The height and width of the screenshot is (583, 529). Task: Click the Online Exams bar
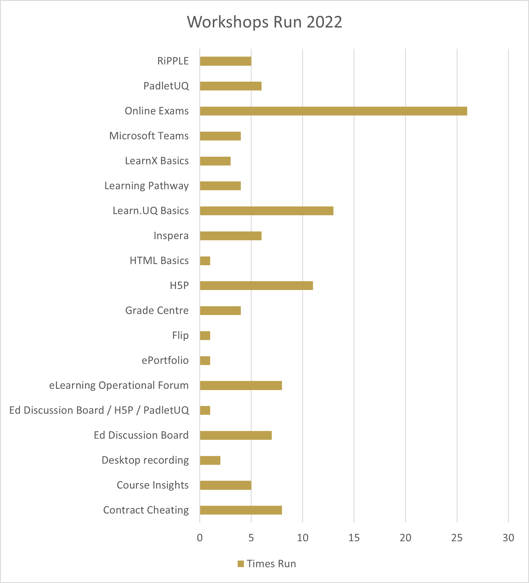(333, 111)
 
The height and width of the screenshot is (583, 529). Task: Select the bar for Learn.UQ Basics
(266, 211)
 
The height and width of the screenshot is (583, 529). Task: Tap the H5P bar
(256, 285)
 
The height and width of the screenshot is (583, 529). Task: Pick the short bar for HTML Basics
(205, 261)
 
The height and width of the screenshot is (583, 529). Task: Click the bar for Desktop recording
(210, 460)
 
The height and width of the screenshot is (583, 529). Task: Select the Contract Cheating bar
(241, 510)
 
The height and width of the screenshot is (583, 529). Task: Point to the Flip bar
(205, 335)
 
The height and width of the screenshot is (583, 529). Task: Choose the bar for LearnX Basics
(215, 161)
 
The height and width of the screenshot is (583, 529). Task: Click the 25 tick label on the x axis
(457, 538)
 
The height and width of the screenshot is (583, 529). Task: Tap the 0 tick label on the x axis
(200, 538)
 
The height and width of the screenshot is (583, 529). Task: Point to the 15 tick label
(354, 538)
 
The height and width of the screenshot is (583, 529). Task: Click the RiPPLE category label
(173, 61)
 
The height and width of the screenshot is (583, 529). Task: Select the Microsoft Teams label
(149, 136)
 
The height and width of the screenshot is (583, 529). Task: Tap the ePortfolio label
(165, 360)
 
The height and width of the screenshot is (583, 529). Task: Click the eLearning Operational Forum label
(119, 385)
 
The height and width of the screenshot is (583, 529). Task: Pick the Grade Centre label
(157, 310)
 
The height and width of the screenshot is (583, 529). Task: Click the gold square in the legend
(241, 564)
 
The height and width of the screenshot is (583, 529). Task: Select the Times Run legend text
(271, 564)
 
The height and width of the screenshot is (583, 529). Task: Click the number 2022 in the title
(324, 22)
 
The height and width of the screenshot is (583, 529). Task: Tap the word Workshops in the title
(228, 22)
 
